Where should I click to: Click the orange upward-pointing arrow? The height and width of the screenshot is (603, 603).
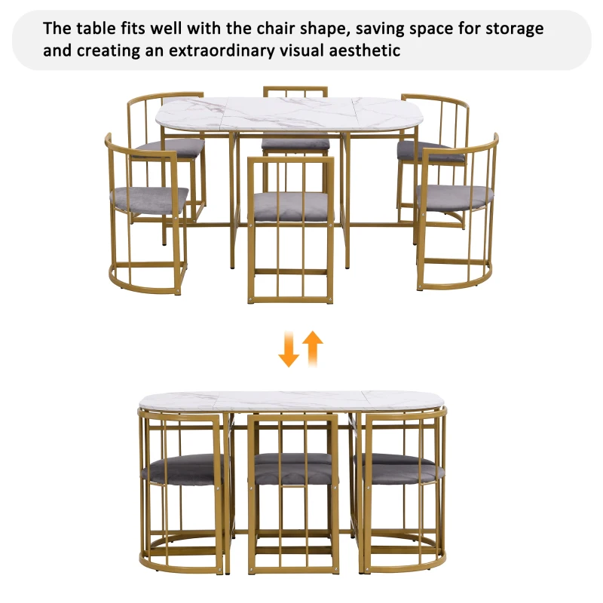(313, 347)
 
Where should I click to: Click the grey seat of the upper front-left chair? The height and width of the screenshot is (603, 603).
(148, 198)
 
